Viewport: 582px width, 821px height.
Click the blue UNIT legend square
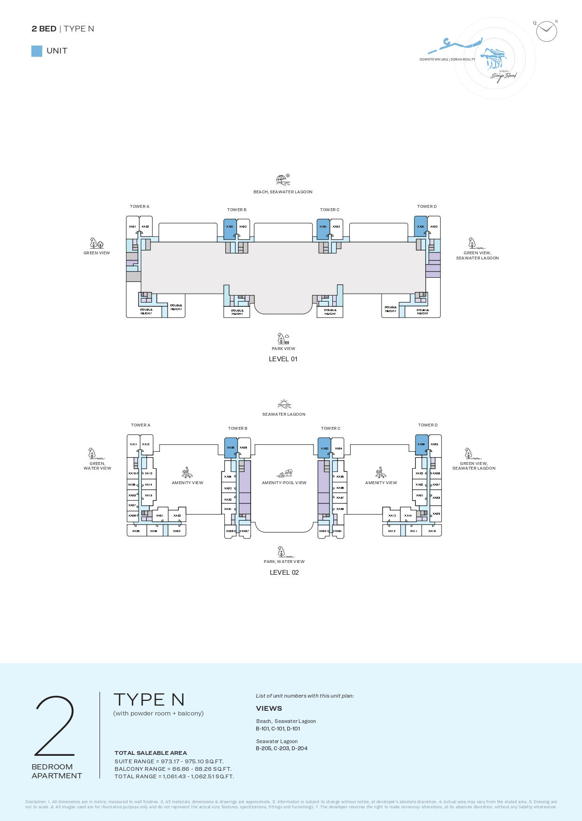point(37,51)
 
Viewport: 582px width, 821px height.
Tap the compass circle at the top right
point(546,31)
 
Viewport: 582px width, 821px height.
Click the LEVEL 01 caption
point(283,359)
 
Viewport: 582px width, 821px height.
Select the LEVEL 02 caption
point(284,572)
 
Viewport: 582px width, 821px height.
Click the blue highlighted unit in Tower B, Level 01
point(230,229)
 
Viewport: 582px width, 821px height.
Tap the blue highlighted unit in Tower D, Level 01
point(421,226)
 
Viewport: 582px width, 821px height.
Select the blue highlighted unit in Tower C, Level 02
point(324,448)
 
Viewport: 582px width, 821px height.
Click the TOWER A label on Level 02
point(140,425)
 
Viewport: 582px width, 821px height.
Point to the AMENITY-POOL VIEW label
point(284,483)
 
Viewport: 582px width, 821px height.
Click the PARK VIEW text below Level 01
point(283,349)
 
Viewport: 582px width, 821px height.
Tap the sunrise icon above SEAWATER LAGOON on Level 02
point(284,404)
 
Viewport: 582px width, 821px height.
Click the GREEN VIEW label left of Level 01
point(97,253)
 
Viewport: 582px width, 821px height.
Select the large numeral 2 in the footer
point(55,725)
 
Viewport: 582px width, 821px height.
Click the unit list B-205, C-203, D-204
point(282,748)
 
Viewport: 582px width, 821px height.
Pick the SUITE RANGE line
point(169,761)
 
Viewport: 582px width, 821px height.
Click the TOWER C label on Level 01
point(329,210)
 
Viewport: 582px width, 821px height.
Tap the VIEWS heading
point(269,708)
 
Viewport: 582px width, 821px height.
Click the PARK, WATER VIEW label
point(284,562)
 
